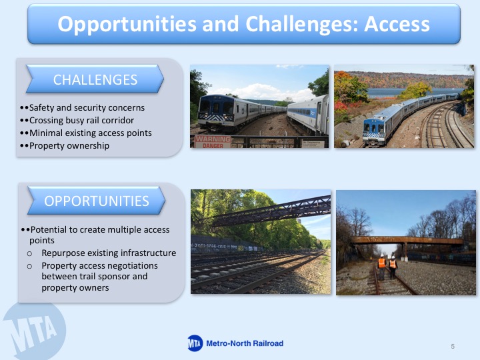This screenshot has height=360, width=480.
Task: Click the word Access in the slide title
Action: (x=397, y=24)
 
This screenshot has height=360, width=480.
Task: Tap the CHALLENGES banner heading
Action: (x=95, y=79)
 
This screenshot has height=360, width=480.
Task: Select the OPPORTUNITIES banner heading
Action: (x=97, y=201)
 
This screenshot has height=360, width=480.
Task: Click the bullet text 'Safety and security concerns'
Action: (x=87, y=108)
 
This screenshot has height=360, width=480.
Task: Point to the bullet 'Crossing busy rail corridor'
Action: (x=81, y=120)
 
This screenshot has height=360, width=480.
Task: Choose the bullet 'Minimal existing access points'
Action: (x=90, y=133)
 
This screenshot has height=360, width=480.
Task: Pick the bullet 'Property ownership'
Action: (x=69, y=146)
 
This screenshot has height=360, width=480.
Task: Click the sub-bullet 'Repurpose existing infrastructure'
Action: (x=109, y=253)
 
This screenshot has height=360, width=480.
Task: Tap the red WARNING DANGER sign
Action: (x=213, y=142)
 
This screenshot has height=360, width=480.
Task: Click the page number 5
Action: (x=453, y=346)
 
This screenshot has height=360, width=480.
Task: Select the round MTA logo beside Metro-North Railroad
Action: (x=195, y=343)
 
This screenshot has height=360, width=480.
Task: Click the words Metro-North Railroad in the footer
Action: (x=245, y=343)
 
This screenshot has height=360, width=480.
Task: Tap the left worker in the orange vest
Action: (x=382, y=267)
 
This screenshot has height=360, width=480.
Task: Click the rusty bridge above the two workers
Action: (x=407, y=241)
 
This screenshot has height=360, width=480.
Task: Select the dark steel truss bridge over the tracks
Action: (x=271, y=211)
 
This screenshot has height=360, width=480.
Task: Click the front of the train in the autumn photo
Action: (x=373, y=131)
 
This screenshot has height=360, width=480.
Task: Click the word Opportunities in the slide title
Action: (x=127, y=25)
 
